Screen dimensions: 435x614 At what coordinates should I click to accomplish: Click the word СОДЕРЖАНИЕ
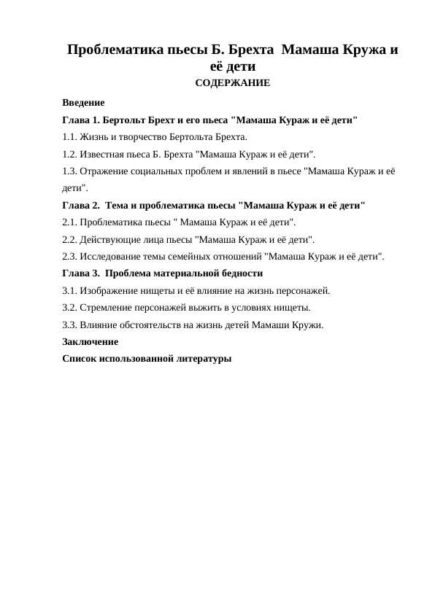[x=233, y=83]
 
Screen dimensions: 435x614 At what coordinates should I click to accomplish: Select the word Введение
[x=84, y=103]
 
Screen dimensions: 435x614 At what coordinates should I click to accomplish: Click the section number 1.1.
[x=70, y=136]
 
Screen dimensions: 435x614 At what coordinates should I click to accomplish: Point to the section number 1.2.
[x=70, y=154]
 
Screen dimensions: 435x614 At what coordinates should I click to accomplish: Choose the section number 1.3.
[x=70, y=171]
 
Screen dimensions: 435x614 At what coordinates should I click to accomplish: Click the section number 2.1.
[x=70, y=222]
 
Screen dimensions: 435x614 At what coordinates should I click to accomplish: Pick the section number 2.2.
[x=70, y=239]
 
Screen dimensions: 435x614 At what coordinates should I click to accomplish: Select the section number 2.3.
[x=70, y=256]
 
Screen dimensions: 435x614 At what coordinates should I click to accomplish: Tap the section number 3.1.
[x=70, y=290]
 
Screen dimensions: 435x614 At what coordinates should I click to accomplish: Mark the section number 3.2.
[x=70, y=307]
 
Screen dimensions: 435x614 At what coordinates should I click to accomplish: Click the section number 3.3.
[x=70, y=325]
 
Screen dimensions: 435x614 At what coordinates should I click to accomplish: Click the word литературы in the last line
[x=202, y=358]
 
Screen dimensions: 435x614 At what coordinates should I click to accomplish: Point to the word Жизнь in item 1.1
[x=96, y=136]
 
